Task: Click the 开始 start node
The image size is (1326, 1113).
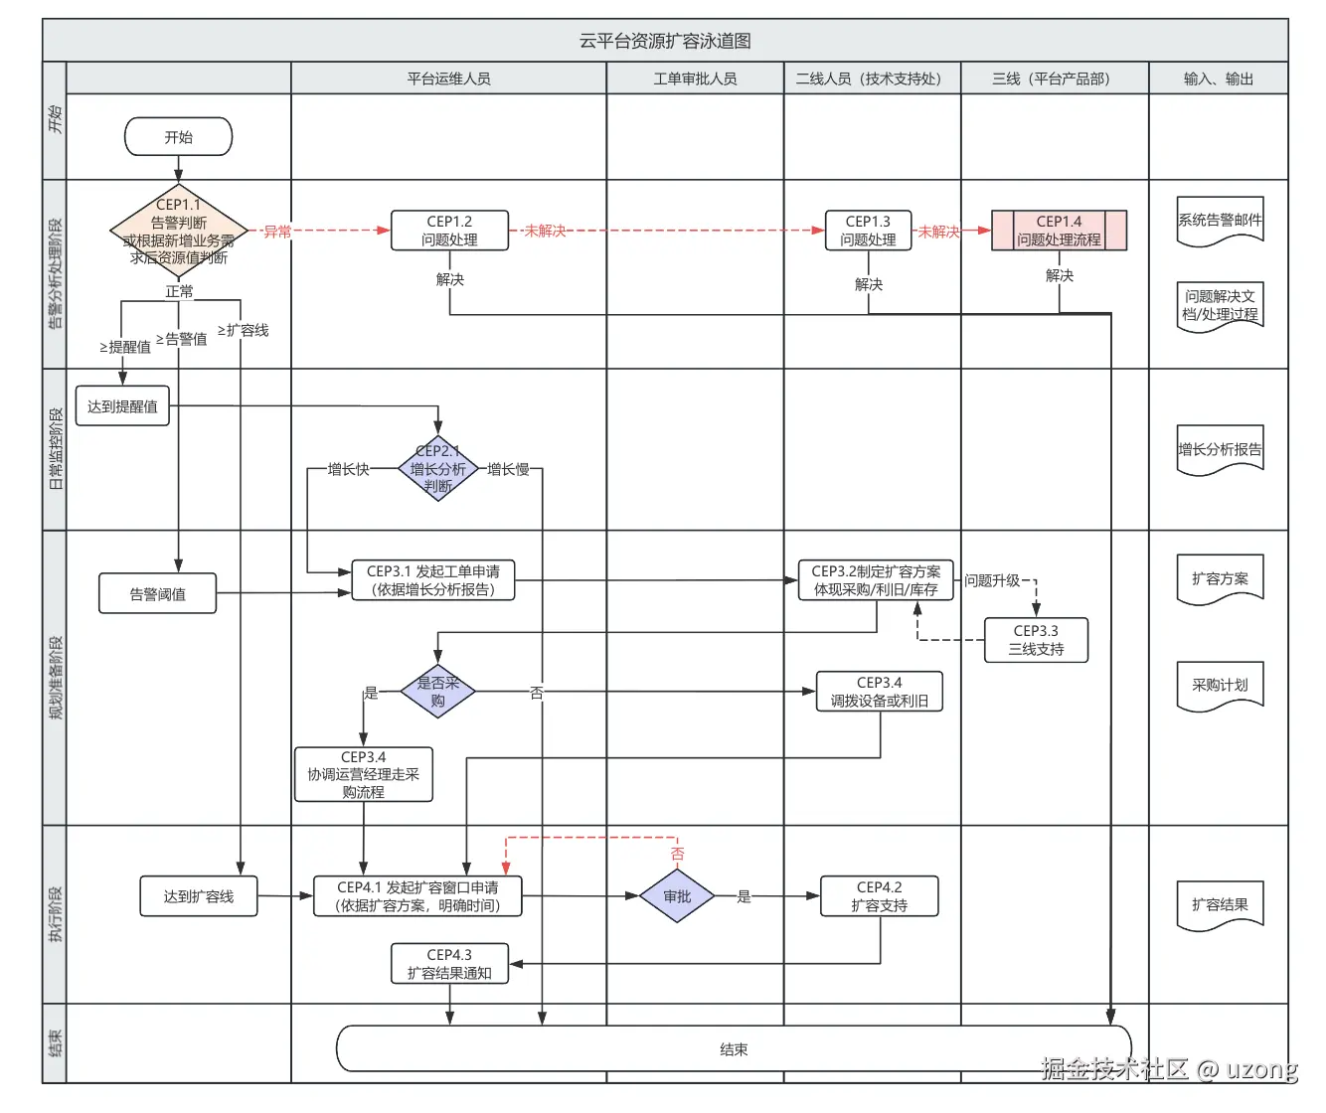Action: point(178,137)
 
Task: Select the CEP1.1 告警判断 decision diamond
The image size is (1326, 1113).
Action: point(179,232)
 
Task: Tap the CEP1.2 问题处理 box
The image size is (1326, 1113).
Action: point(449,231)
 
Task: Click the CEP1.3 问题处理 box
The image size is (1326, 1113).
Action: point(868,231)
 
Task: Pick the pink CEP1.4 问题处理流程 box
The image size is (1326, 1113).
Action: point(1059,231)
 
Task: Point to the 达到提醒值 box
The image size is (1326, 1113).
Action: point(122,406)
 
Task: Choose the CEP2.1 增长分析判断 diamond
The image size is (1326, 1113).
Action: point(438,468)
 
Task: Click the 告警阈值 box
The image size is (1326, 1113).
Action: point(157,594)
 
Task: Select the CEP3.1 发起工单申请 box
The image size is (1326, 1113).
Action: point(433,580)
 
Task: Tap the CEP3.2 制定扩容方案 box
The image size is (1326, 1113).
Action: point(876,580)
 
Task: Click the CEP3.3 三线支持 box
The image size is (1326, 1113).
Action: point(1036,640)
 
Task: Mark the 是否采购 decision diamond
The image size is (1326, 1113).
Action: point(438,692)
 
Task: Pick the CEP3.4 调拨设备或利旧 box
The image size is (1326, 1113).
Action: point(880,692)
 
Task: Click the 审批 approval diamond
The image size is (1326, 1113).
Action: point(677,896)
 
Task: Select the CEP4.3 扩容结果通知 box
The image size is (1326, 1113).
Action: point(449,964)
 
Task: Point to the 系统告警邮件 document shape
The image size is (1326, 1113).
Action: point(1220,221)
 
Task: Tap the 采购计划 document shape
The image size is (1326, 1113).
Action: point(1220,686)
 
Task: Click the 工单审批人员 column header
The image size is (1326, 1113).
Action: point(695,79)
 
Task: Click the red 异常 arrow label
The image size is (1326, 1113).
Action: point(277,232)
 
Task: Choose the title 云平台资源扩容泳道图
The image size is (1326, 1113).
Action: point(665,41)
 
